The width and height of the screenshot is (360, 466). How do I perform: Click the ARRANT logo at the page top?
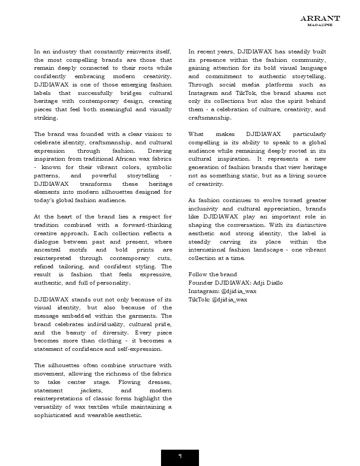click(320, 18)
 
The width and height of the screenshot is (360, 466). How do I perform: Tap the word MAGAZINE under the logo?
click(320, 25)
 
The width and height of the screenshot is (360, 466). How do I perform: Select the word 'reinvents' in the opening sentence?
click(131, 52)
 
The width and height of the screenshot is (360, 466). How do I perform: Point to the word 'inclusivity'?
click(204, 208)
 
